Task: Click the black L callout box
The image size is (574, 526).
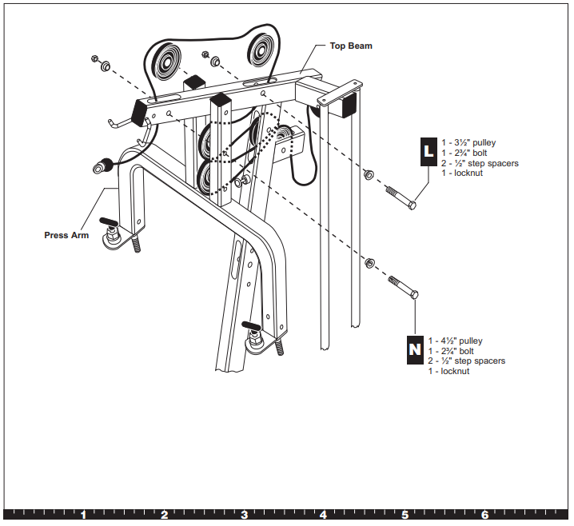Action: (429, 152)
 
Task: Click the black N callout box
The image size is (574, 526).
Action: (415, 349)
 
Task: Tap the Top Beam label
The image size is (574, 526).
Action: (351, 46)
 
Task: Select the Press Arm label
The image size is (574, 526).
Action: (66, 235)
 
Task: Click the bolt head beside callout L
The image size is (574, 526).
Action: (412, 205)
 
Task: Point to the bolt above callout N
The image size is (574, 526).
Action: (404, 287)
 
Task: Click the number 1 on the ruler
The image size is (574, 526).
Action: (83, 515)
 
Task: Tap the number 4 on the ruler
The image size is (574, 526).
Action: (323, 515)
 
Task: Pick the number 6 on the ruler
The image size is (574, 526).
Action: (484, 515)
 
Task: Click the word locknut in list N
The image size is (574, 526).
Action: (455, 371)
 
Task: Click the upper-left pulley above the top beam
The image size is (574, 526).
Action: (166, 62)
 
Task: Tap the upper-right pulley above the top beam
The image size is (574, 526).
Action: (261, 50)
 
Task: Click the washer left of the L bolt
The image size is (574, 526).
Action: (369, 174)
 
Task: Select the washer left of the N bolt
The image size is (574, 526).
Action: (369, 262)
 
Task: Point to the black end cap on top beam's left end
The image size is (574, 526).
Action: (138, 112)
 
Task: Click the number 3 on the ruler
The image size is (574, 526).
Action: (244, 515)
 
